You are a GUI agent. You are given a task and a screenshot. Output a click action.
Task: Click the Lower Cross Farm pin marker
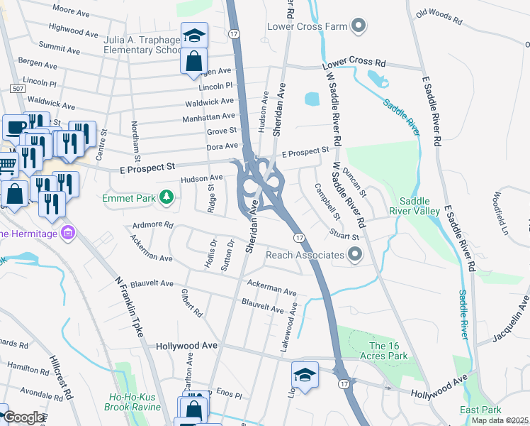359,27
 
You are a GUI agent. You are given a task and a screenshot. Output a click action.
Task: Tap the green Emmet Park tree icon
167,197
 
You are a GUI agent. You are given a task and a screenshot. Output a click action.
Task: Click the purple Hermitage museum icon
68,232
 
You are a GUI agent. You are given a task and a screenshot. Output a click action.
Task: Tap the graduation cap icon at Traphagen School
193,35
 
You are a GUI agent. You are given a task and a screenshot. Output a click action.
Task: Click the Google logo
23,417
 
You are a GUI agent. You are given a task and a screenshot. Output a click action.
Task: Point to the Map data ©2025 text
500,420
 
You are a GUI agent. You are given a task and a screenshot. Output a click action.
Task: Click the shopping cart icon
7,165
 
